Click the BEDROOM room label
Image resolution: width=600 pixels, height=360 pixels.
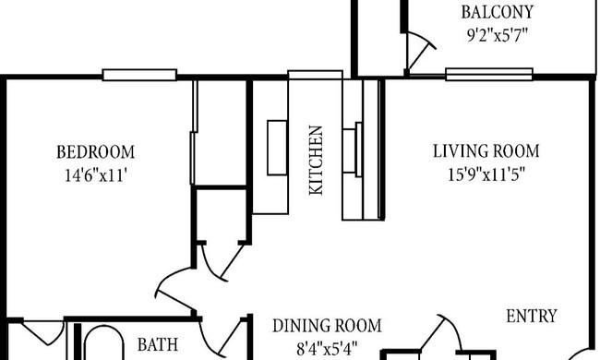96,152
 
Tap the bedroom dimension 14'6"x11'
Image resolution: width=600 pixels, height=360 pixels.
96,175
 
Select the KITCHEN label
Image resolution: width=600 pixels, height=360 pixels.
316,161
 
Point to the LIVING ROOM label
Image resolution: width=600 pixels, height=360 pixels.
486,151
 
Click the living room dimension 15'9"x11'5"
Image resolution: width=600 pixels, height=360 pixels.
486,174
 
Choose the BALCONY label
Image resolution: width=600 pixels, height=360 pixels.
497,12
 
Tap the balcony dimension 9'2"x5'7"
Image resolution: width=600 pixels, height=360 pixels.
497,36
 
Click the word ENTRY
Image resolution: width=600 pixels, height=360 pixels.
532,317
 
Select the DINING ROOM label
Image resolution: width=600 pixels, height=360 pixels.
327,326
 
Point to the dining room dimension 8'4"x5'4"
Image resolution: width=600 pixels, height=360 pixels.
327,349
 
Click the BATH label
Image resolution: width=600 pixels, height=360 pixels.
158,344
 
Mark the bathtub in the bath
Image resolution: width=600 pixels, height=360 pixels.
103,342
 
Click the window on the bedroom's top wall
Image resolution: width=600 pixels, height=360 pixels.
139,75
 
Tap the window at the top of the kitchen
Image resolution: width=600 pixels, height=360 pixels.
315,75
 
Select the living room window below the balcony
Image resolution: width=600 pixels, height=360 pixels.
489,75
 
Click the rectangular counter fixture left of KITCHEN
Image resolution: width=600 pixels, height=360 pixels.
278,148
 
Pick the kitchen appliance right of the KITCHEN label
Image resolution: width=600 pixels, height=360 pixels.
353,150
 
